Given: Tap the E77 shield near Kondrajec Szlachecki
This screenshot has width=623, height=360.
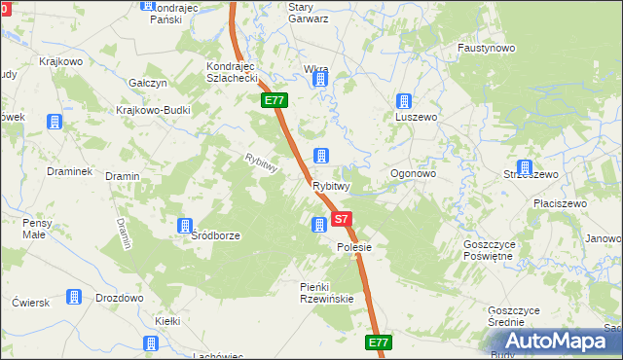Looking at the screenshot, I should pyautogui.click(x=274, y=100).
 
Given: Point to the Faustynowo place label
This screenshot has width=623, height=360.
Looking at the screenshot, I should pyautogui.click(x=486, y=47).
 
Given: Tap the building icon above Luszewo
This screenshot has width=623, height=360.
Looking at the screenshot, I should pyautogui.click(x=405, y=100).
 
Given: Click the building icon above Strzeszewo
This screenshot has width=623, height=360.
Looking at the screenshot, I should pyautogui.click(x=526, y=167).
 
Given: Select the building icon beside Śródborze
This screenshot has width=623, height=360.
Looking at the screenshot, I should pyautogui.click(x=185, y=227).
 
